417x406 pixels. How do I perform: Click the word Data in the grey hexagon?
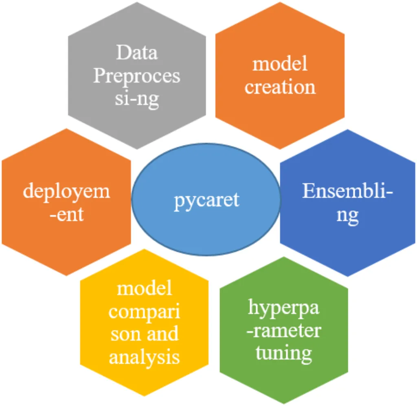[x=137, y=53]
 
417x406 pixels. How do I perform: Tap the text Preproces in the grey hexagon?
[x=137, y=76]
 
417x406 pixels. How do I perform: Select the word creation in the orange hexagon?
[x=280, y=87]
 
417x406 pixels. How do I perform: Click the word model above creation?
[x=280, y=64]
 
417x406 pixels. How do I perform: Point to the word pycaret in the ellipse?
[x=206, y=200]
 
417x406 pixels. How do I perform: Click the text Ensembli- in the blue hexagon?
[x=348, y=191]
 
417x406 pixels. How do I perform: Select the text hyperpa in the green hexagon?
[x=284, y=308]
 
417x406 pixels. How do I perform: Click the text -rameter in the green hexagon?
[x=284, y=330]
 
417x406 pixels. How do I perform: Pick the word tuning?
[x=284, y=352]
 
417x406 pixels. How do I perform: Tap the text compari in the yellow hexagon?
[x=145, y=312]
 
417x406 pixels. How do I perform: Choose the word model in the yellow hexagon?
[x=145, y=289]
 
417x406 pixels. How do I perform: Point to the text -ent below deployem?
[x=66, y=214]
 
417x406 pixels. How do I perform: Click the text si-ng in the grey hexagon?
[x=137, y=99]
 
